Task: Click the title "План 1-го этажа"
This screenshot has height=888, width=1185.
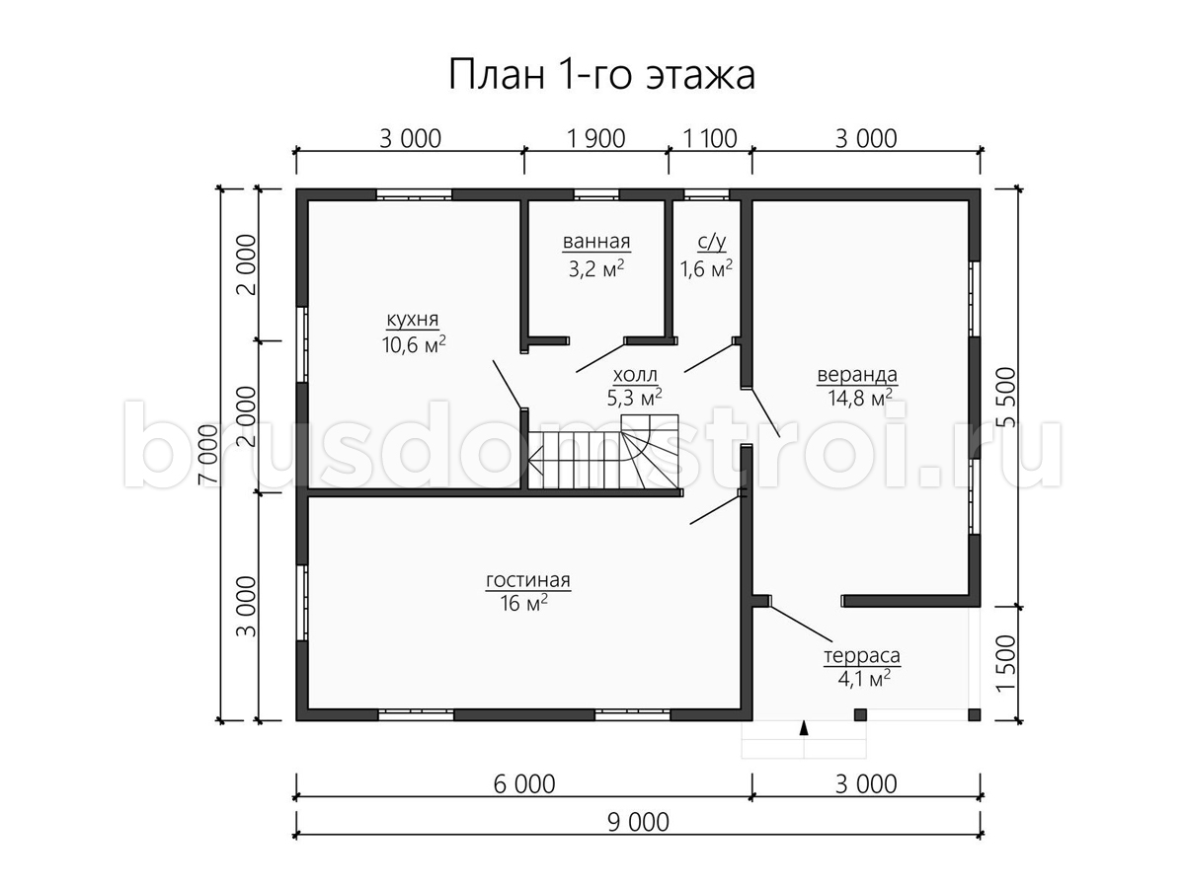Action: [601, 75]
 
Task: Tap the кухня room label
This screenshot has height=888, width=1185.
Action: [413, 320]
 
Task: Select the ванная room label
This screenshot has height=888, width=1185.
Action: [596, 241]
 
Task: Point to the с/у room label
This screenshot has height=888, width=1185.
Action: [712, 242]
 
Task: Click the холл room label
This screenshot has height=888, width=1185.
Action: [635, 374]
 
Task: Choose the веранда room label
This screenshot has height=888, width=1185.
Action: [857, 374]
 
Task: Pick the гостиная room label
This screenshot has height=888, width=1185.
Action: [528, 580]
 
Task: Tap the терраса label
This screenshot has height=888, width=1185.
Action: [862, 656]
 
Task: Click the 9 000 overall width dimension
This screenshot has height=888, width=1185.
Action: [638, 823]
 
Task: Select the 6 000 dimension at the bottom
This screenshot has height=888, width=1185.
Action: [524, 784]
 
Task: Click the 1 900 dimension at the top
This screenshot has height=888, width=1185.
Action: [596, 138]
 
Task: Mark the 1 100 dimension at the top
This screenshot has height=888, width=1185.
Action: [710, 138]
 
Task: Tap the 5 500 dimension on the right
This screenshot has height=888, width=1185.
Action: [1006, 397]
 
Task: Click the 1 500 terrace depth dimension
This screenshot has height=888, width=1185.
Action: [1006, 664]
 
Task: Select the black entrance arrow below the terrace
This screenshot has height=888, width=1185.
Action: [804, 728]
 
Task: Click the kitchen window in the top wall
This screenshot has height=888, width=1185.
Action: [414, 194]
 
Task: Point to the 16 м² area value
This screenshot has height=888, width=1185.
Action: [523, 603]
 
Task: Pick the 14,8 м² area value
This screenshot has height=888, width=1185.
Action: [859, 398]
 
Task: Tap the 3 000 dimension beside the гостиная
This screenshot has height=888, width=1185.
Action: [247, 607]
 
